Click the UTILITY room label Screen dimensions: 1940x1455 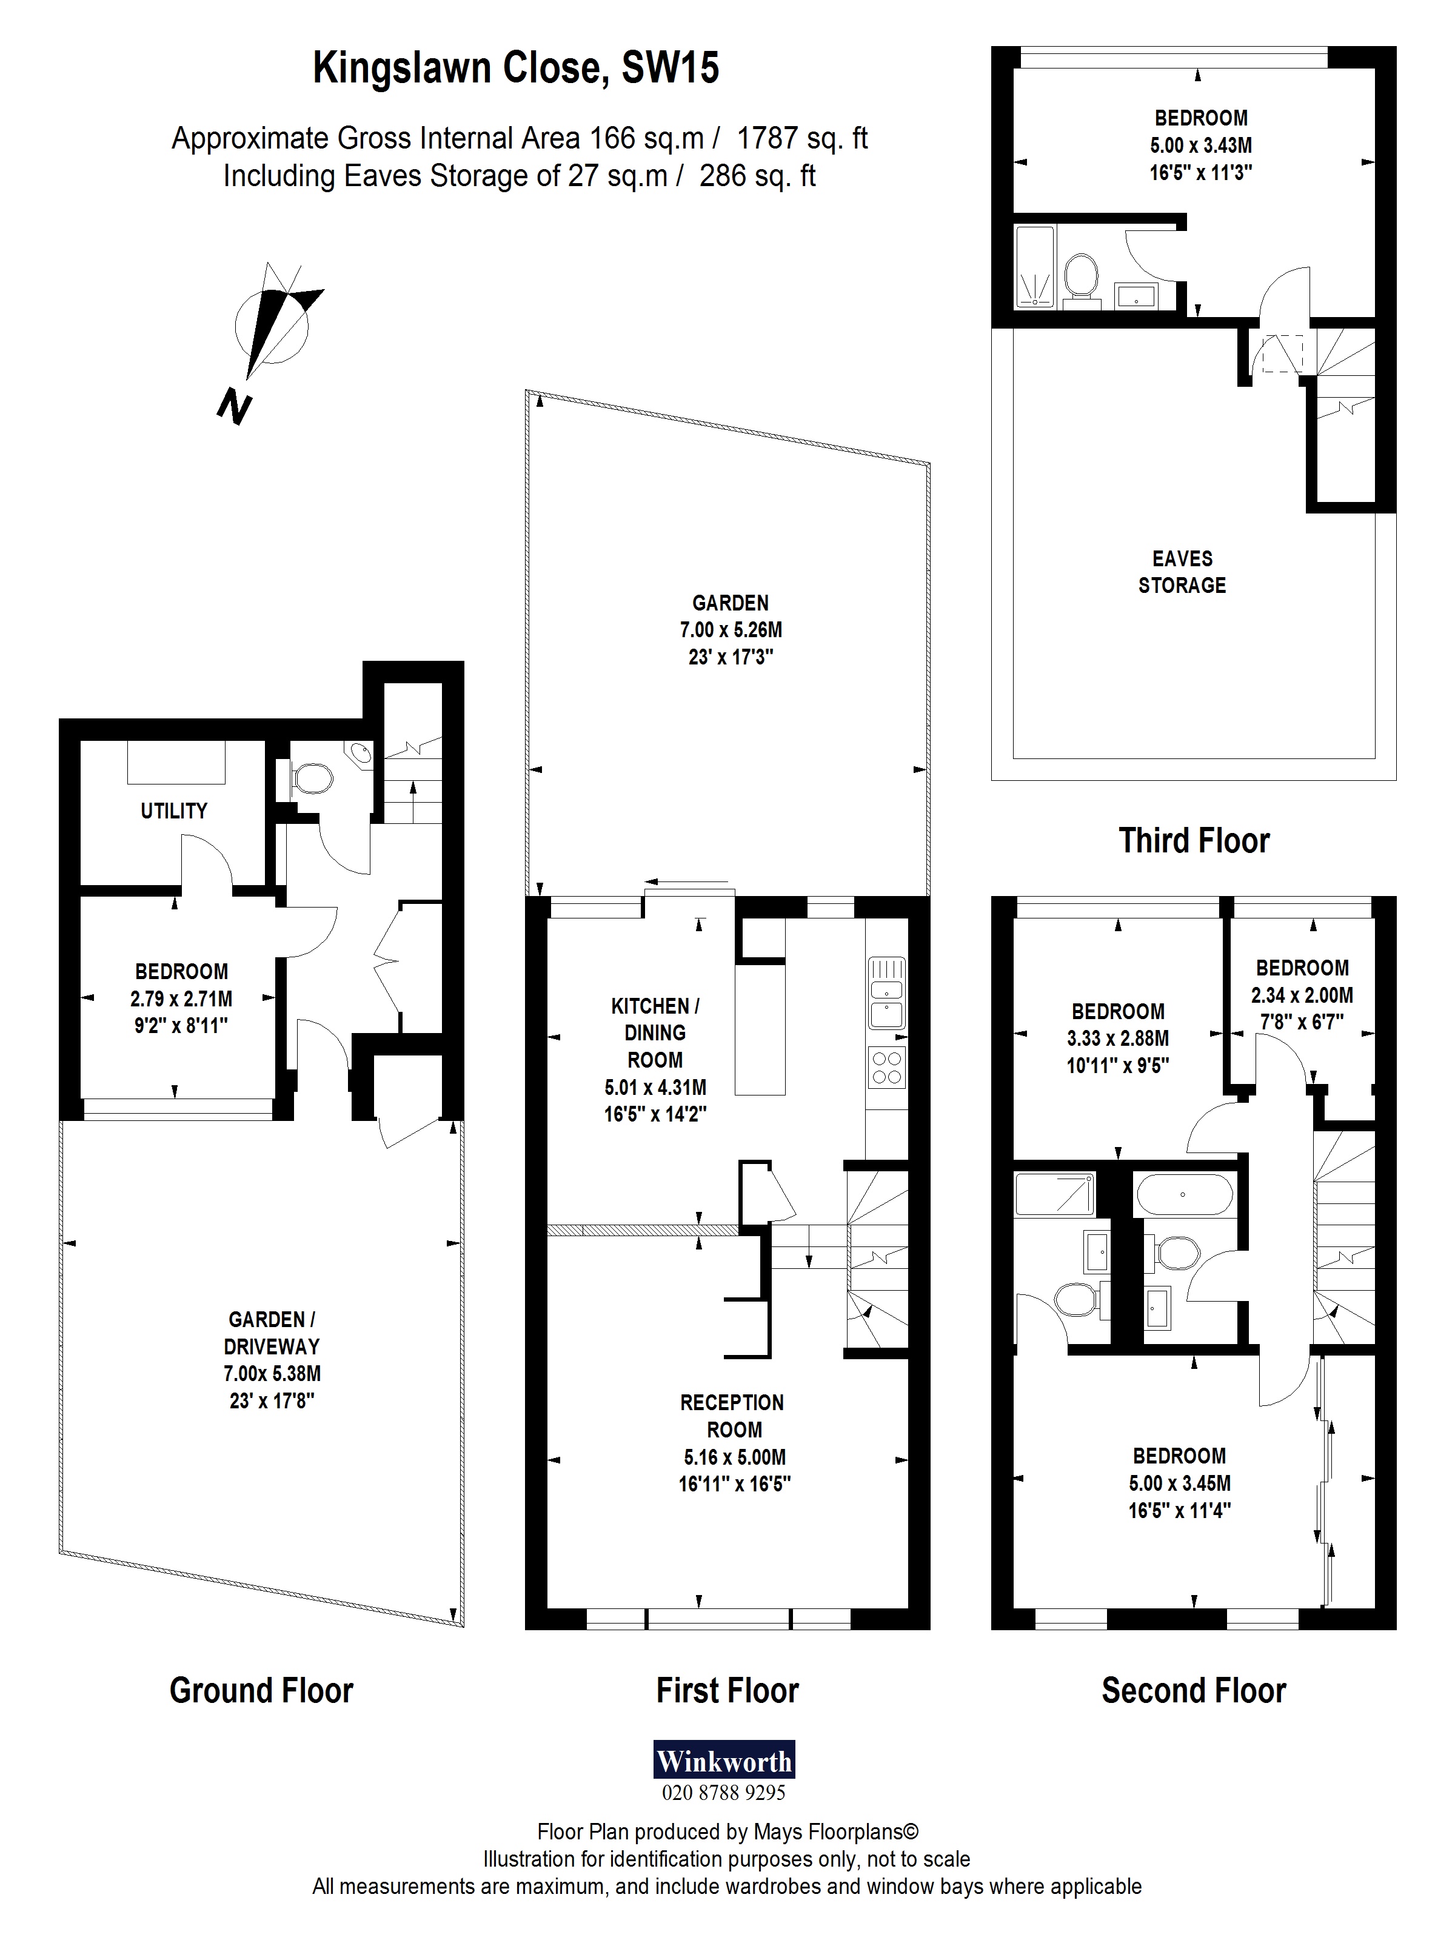(x=173, y=811)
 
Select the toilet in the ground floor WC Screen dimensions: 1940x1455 (x=310, y=778)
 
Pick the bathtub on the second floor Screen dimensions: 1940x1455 (x=1184, y=1194)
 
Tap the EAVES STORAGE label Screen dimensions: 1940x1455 (x=1182, y=572)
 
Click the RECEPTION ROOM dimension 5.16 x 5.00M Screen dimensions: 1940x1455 (x=734, y=1457)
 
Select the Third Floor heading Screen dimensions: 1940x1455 (x=1194, y=840)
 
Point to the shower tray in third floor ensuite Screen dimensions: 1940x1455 (x=1035, y=267)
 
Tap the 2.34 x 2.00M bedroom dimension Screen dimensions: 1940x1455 (x=1302, y=995)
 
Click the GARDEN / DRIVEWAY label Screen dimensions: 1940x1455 (x=271, y=1332)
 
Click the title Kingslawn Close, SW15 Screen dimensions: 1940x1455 (x=516, y=67)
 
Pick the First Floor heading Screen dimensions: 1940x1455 (x=727, y=1690)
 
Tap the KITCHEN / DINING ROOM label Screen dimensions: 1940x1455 (x=655, y=1032)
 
